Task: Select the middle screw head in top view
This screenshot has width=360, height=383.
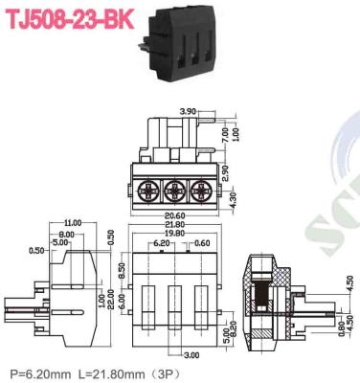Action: coord(176,188)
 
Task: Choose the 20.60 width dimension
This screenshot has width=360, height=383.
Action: coord(175,214)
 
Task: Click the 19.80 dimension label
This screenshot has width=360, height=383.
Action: coord(175,233)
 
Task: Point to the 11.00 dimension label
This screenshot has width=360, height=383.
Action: coord(73,223)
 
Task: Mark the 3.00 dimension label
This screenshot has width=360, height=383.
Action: coord(191,355)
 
